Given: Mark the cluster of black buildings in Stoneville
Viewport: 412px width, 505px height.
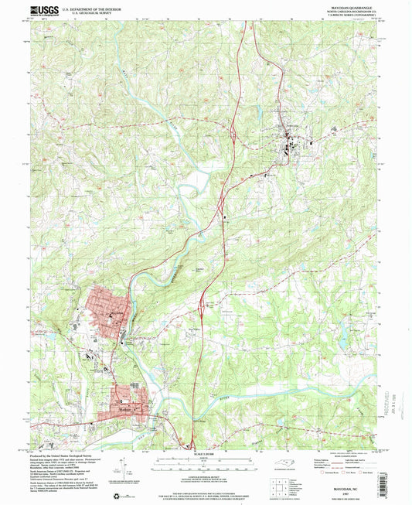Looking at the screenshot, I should point(291,143).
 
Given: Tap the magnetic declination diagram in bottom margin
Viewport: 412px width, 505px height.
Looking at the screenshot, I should point(124,464).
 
